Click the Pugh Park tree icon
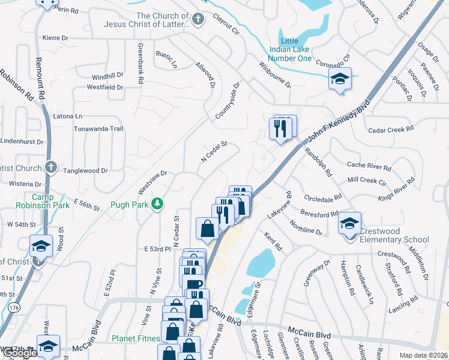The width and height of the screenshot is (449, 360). [x=158, y=204]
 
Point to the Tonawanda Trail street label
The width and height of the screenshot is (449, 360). [x=98, y=129]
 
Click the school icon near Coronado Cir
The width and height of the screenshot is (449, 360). [x=340, y=79]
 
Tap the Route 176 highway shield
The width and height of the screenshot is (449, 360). [x=13, y=308]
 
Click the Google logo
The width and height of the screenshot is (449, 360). [x=20, y=353]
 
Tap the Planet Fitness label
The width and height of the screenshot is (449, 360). [x=135, y=338]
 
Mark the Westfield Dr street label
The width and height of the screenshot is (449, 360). [x=105, y=88]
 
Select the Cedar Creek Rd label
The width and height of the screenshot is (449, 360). [x=391, y=129]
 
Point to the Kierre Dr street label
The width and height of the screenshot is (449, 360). [x=60, y=37]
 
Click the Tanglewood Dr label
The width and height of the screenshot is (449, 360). [x=87, y=170]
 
